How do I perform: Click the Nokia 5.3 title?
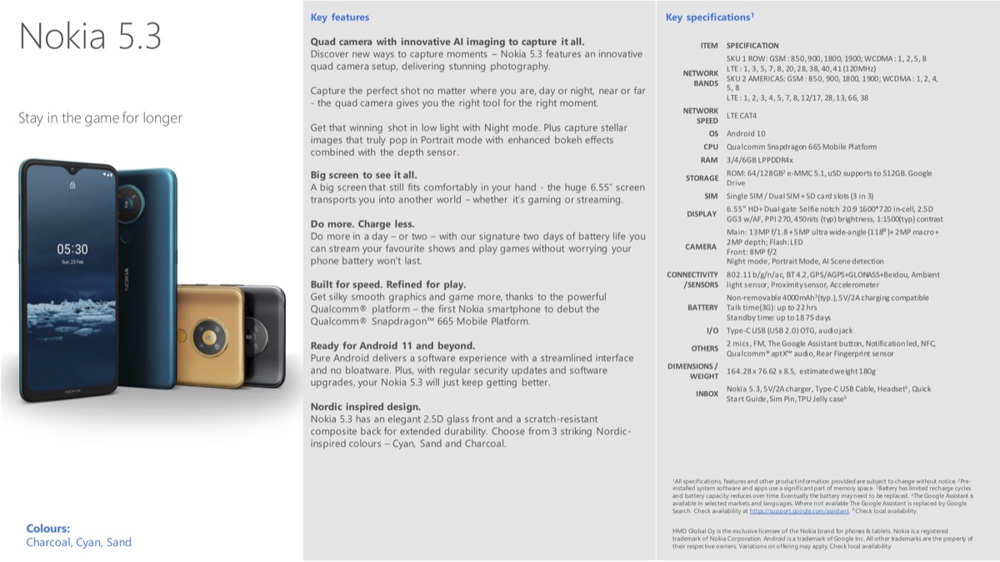90,38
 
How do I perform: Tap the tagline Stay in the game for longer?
100,118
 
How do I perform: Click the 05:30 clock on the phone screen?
72,248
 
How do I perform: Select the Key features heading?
339,17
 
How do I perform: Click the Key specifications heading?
709,17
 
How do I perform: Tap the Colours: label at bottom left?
48,528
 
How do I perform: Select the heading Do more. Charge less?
362,224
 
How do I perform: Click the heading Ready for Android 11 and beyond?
392,345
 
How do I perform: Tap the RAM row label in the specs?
709,159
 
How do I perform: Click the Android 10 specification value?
745,133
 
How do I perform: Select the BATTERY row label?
702,308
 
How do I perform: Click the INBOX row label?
707,394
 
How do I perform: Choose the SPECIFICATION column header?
752,46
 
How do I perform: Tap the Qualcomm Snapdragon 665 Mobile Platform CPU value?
801,147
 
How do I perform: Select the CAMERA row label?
701,247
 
